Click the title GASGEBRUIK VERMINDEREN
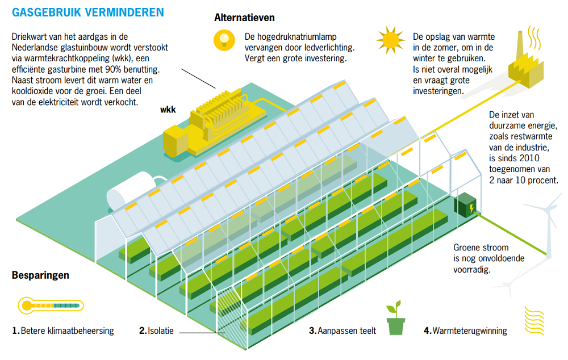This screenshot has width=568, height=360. [88, 12]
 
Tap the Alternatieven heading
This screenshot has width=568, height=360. [244, 18]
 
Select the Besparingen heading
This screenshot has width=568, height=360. [40, 275]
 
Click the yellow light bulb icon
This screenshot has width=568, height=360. [224, 39]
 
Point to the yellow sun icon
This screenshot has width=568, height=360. [391, 40]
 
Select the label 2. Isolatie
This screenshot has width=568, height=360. [156, 330]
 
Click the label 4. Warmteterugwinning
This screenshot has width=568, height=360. [465, 330]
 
